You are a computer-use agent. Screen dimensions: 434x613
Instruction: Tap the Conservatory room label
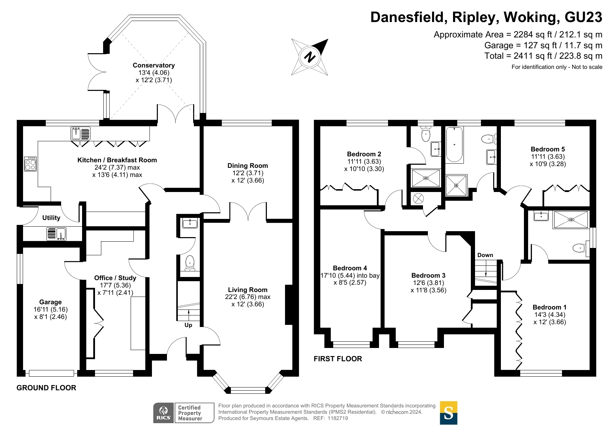click(154, 65)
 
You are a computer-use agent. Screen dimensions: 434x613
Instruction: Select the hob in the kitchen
click(30, 164)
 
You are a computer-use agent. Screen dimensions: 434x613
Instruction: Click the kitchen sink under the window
click(80, 133)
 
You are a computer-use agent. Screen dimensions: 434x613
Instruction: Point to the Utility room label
click(51, 218)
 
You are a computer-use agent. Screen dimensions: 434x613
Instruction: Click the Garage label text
click(50, 302)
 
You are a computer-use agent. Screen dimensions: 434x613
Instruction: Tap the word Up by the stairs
click(188, 325)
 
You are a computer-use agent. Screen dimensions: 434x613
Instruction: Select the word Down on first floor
click(485, 255)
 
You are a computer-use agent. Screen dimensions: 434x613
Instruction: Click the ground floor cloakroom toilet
click(190, 263)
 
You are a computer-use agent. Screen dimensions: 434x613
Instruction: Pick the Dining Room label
click(248, 166)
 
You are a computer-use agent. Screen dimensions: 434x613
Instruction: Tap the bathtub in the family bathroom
click(454, 144)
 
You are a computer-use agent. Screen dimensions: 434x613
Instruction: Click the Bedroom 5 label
click(548, 149)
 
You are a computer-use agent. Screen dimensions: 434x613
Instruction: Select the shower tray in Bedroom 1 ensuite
click(570, 219)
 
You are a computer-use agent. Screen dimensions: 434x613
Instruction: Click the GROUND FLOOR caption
click(46, 388)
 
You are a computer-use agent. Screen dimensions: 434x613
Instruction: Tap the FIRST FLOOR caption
click(338, 359)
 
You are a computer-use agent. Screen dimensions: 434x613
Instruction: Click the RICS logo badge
click(163, 413)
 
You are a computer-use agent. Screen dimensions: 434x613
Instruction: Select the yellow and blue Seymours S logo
click(448, 413)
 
